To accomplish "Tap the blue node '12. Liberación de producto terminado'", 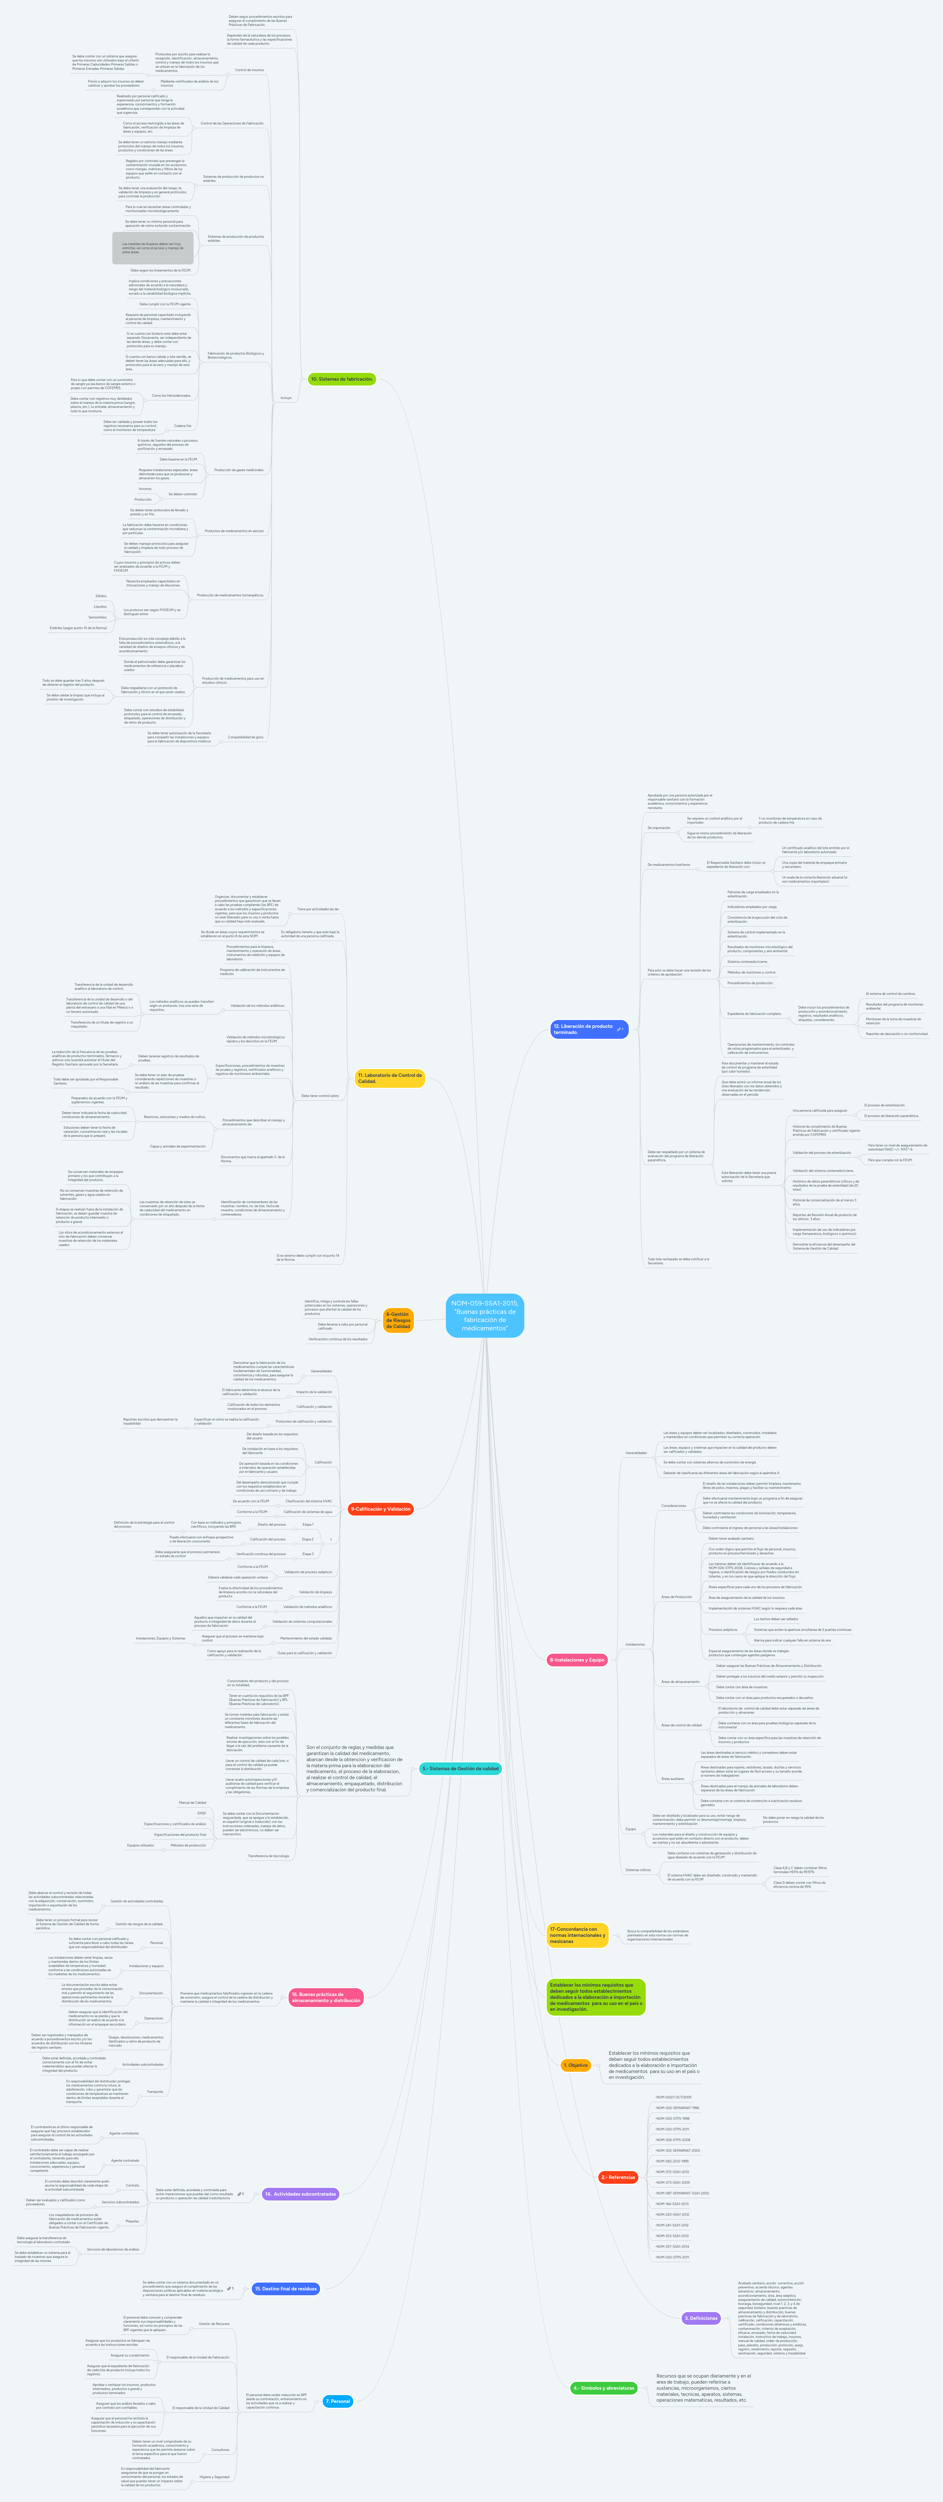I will (589, 1029).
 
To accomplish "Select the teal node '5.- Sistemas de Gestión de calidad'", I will (460, 1769).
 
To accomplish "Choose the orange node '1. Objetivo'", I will (576, 2065).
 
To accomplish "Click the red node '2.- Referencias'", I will (618, 2177).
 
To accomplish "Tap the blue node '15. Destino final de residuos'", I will (286, 2288).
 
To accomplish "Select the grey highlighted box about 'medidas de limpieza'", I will (152, 248).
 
